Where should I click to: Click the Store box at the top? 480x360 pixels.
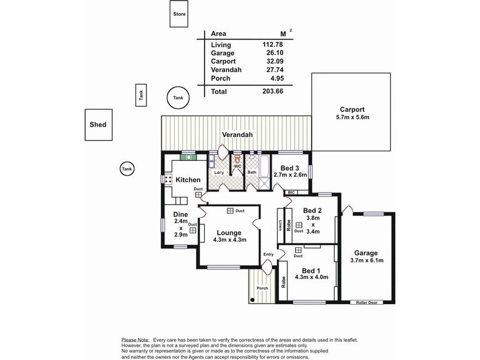click(x=179, y=14)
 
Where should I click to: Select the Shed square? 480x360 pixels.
click(x=98, y=125)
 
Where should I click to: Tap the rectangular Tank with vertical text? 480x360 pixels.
click(x=142, y=95)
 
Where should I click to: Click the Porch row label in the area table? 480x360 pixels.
click(x=221, y=79)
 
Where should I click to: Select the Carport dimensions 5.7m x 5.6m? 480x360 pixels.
click(x=352, y=118)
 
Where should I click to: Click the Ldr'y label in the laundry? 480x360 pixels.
click(x=219, y=174)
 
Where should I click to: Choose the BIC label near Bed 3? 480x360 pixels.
click(x=292, y=192)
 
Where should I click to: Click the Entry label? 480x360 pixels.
click(x=268, y=254)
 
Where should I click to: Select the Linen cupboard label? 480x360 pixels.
click(x=280, y=225)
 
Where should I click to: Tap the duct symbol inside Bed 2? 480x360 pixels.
click(x=299, y=225)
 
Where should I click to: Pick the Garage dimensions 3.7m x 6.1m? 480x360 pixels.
click(x=366, y=260)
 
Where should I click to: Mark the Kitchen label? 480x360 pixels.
click(x=187, y=179)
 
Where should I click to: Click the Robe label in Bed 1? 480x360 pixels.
click(x=284, y=283)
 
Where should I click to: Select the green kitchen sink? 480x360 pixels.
click(x=188, y=157)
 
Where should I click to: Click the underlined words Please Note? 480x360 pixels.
click(x=136, y=340)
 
